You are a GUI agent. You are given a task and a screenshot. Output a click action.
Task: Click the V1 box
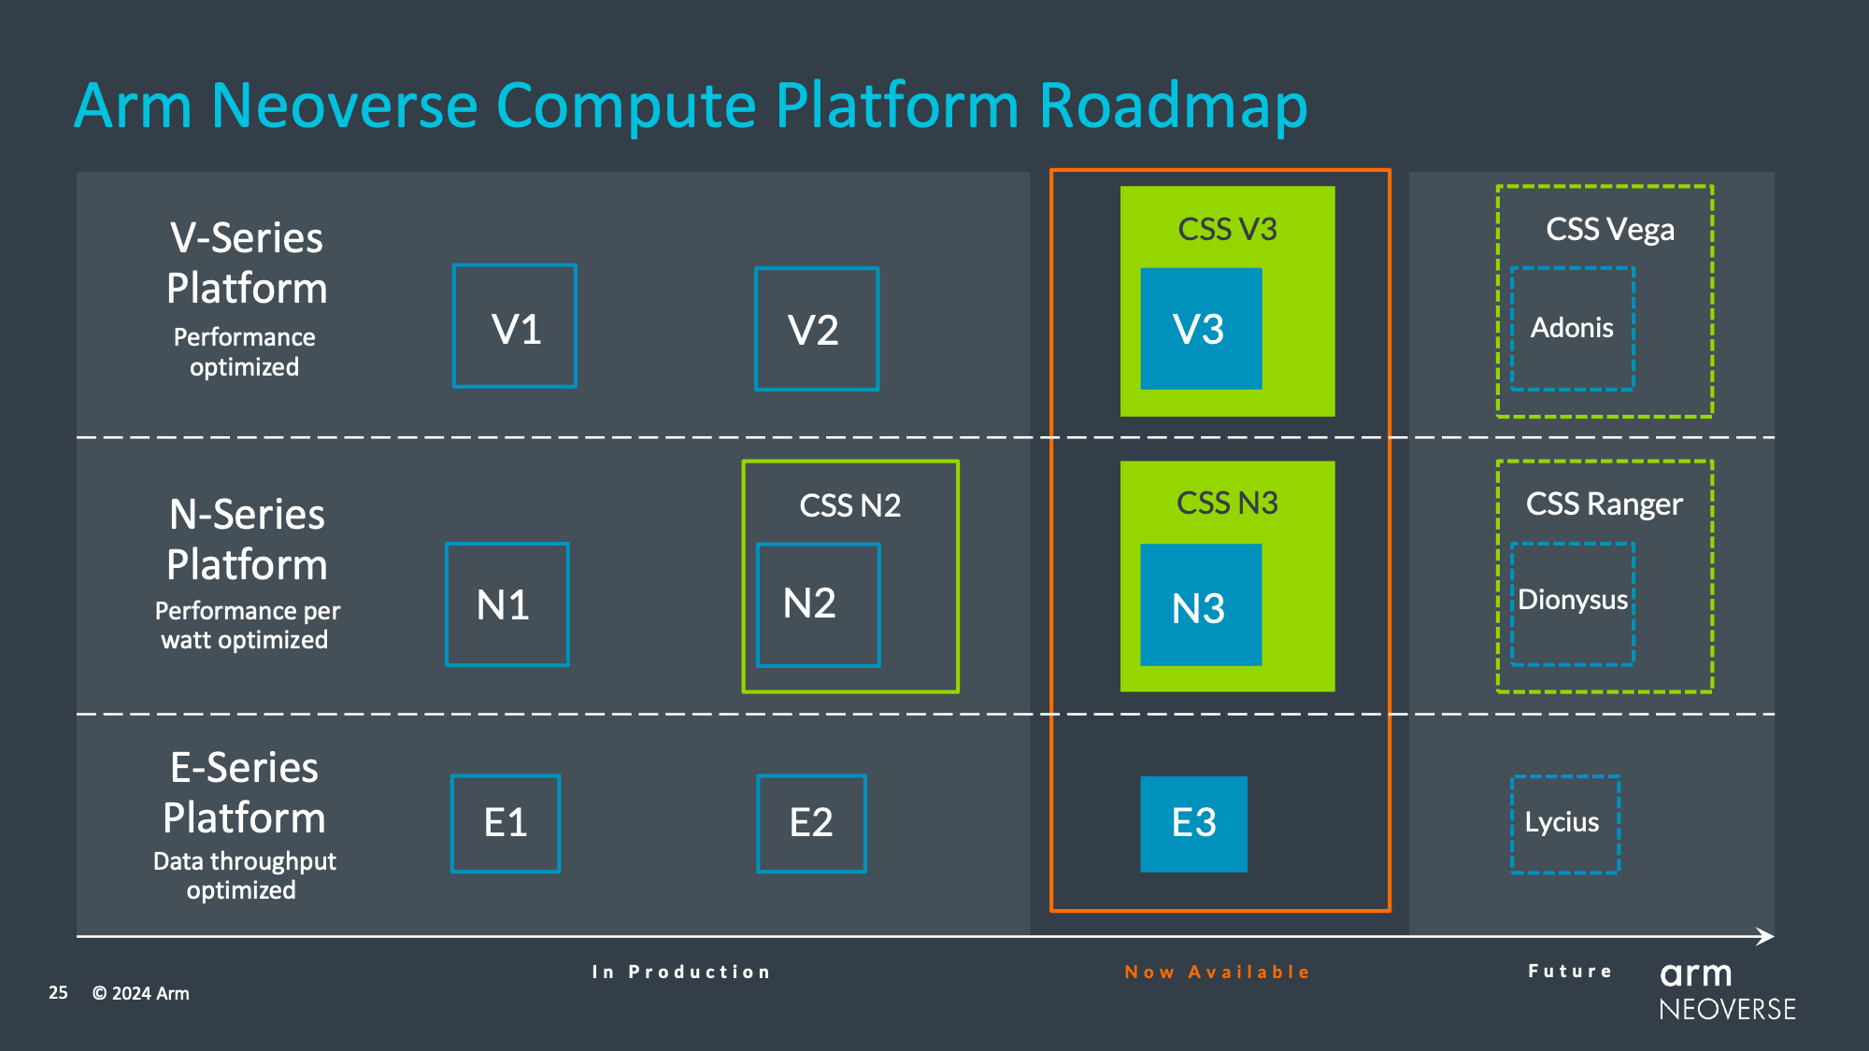point(515,326)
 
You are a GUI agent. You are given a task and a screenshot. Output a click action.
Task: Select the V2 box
point(817,329)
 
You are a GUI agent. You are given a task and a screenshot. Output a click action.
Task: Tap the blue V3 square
point(1201,329)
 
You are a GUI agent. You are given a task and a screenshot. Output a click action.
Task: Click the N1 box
point(507,604)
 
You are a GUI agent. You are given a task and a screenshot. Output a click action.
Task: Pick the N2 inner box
point(818,604)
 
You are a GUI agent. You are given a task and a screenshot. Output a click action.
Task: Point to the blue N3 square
point(1201,605)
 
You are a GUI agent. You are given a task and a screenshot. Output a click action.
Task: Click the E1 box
point(506,823)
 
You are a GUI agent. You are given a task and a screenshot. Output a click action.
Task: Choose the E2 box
point(811,823)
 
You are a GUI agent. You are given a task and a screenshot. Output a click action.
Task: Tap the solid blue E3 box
point(1193,823)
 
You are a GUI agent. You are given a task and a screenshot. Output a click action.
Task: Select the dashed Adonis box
point(1572,329)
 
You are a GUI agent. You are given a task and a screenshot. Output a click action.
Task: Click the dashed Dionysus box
point(1572,604)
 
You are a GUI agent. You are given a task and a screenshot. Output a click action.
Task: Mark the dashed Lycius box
point(1564,824)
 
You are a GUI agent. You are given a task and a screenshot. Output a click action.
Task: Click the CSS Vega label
point(1609,230)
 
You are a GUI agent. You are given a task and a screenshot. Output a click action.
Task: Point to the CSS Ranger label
point(1604,504)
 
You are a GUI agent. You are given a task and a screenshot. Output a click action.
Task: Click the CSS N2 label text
point(849,505)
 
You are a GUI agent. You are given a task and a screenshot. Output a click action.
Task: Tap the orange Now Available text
point(1217,972)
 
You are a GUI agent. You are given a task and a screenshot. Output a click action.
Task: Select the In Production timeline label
point(681,972)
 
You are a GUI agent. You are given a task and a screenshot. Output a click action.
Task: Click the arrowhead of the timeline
point(1765,936)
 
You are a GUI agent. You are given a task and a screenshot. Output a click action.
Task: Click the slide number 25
point(58,992)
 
